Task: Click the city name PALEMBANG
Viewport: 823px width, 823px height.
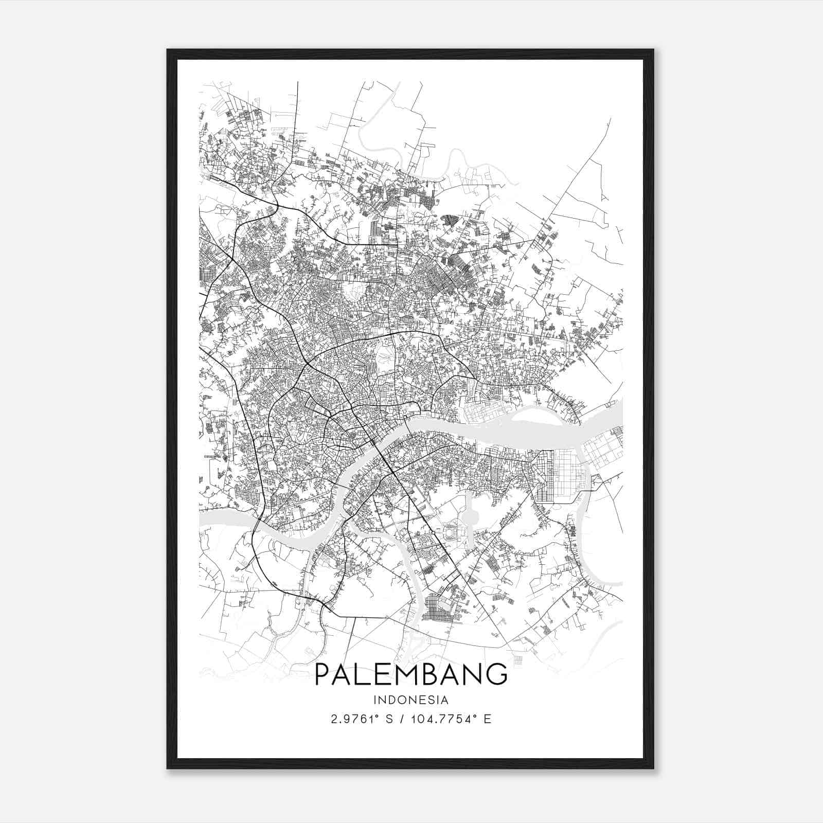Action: (410, 674)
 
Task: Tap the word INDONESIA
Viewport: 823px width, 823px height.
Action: (410, 700)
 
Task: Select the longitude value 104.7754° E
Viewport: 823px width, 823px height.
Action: (452, 719)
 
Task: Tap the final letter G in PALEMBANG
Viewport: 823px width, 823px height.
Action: (498, 674)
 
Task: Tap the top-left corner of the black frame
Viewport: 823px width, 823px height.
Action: (167, 50)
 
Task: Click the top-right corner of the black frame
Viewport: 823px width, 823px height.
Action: (653, 50)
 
